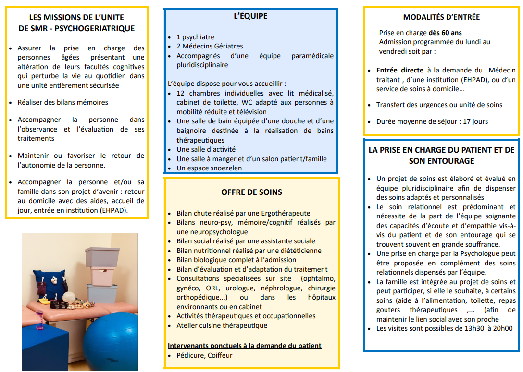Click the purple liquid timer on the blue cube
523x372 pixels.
pyautogui.click(x=39, y=319)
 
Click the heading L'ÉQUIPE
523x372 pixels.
pyautogui.click(x=250, y=16)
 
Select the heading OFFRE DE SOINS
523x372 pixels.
pyautogui.click(x=251, y=192)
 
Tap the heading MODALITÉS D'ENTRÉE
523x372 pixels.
pyautogui.click(x=441, y=17)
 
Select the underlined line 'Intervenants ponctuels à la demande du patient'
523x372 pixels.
pyautogui.click(x=244, y=346)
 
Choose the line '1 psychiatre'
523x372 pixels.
pyautogui.click(x=195, y=37)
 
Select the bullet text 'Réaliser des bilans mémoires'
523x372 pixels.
pyautogui.click(x=62, y=102)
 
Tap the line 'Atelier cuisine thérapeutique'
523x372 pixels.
pyautogui.click(x=222, y=325)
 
